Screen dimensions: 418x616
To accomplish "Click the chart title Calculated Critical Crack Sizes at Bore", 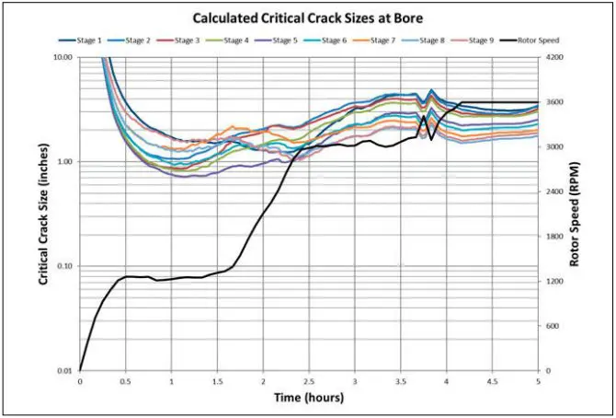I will click(x=307, y=17).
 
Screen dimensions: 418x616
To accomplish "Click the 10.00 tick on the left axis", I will click(x=62, y=57).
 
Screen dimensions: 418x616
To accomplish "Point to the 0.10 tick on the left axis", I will click(x=63, y=266).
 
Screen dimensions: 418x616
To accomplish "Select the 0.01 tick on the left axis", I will click(x=63, y=371).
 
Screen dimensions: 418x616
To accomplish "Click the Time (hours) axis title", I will click(x=308, y=399).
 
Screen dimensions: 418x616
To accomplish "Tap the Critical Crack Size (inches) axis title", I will click(x=43, y=214).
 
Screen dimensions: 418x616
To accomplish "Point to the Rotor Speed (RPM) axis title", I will click(x=576, y=214).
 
